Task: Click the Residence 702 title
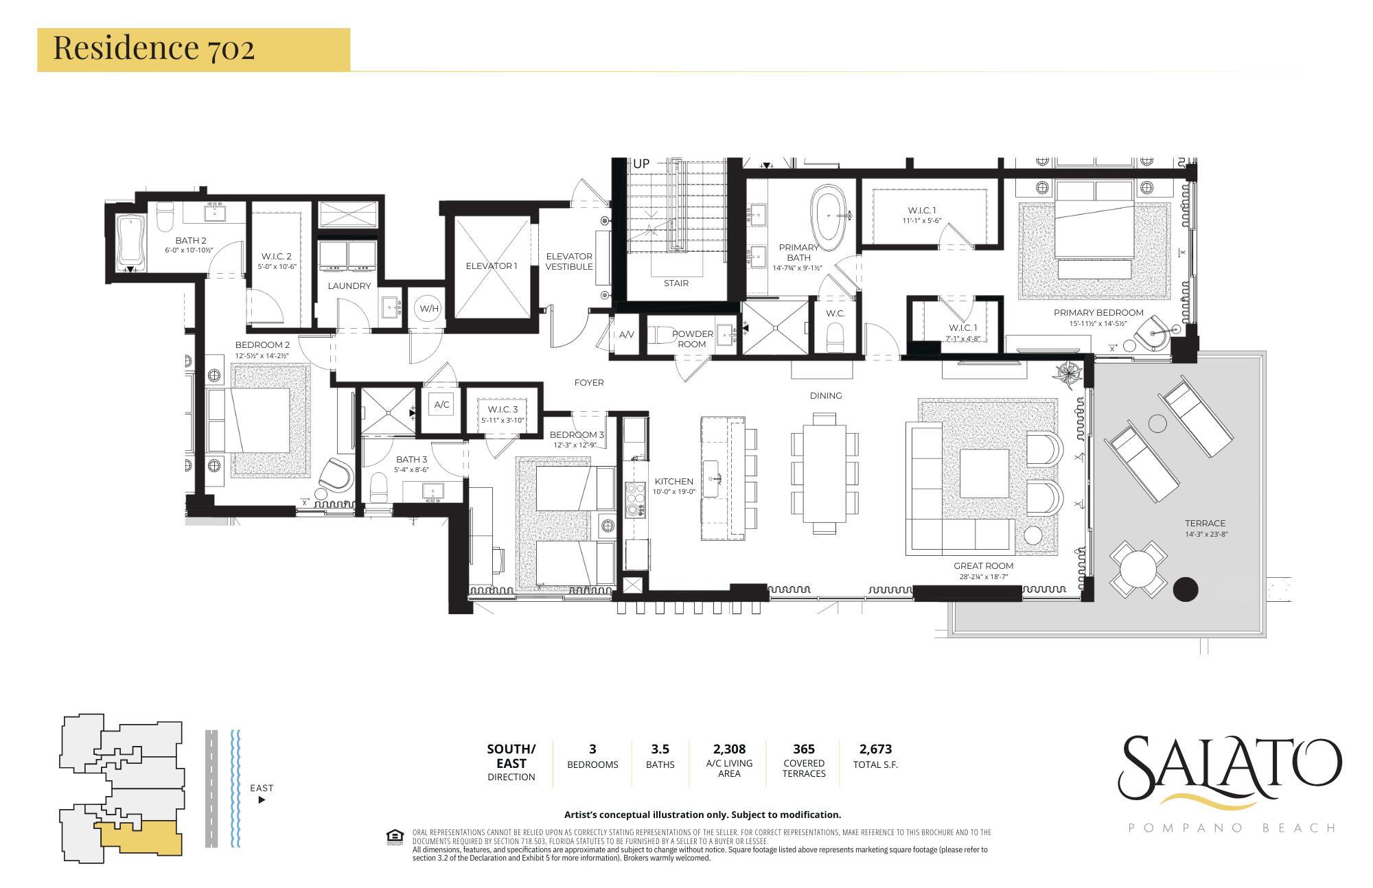click(154, 49)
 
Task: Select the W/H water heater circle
click(429, 308)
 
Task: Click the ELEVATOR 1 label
click(491, 266)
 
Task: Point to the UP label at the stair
click(641, 164)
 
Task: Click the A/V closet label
click(626, 335)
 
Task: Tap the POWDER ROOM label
click(692, 339)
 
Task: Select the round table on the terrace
click(1139, 569)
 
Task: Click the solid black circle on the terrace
click(1186, 589)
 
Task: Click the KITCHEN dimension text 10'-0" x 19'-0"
click(674, 491)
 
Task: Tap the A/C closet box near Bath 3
click(441, 405)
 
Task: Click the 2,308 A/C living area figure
click(729, 749)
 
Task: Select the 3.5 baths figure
click(660, 749)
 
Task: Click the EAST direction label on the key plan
click(262, 788)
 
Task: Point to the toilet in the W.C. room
click(835, 338)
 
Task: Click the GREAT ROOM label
click(983, 566)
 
